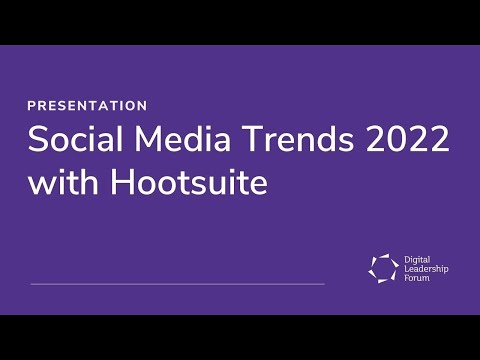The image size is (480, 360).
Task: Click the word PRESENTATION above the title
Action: click(x=88, y=105)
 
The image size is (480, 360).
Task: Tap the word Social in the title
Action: click(x=68, y=140)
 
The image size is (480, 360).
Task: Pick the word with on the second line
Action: click(x=59, y=184)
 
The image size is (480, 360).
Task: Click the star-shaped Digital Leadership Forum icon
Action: click(x=382, y=267)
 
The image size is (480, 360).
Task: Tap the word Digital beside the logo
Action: click(x=416, y=257)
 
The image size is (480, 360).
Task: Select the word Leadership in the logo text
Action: click(x=424, y=267)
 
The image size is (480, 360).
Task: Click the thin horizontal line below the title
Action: click(x=178, y=284)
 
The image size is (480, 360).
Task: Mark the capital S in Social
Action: click(x=38, y=140)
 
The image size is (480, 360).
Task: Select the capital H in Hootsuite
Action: click(x=111, y=184)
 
